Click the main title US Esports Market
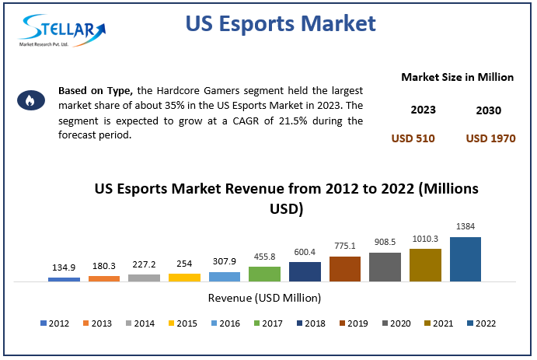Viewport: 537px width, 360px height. tap(281, 23)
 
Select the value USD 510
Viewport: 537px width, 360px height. tap(413, 138)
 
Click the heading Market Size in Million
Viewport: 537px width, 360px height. tap(458, 77)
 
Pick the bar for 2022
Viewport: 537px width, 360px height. tap(466, 259)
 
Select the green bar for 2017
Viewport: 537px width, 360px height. tap(264, 273)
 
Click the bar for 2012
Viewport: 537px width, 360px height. tap(64, 278)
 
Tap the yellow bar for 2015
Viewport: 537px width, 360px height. tap(184, 277)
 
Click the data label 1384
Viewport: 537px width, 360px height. tap(466, 227)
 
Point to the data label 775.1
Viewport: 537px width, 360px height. tap(345, 246)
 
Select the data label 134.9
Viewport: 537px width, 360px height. tap(64, 267)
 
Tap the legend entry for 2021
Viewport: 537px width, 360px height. tap(437, 323)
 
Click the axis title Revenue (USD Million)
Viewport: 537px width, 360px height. tap(264, 297)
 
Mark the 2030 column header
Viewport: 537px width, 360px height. tap(489, 110)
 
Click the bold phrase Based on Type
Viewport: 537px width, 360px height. tap(96, 91)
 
